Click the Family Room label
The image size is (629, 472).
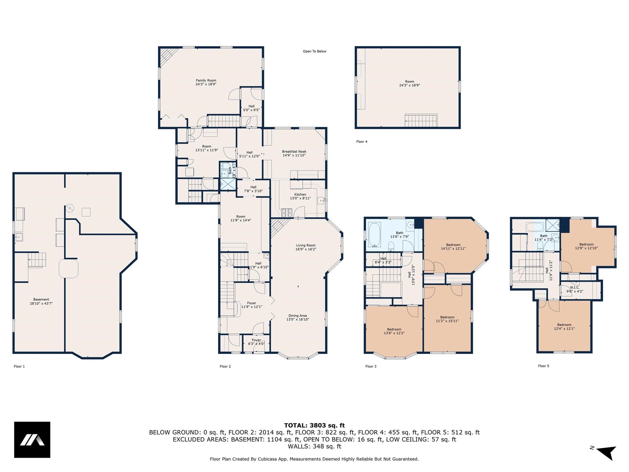(x=206, y=82)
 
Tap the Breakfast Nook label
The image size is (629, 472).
(x=294, y=153)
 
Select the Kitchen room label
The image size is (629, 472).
(x=300, y=196)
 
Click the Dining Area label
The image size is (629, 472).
(x=298, y=317)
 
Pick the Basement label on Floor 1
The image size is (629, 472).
(x=41, y=301)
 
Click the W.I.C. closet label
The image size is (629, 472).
(x=575, y=289)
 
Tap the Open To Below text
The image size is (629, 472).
(x=314, y=51)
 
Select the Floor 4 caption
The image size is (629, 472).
(x=362, y=142)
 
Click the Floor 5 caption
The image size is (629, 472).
(x=544, y=366)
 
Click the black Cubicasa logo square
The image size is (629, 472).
(x=32, y=440)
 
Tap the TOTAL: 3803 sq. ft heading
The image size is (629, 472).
(x=314, y=426)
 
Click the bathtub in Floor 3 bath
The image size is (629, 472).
(x=374, y=235)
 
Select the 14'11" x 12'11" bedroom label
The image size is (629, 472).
(x=453, y=247)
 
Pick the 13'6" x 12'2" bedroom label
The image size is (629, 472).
(x=394, y=331)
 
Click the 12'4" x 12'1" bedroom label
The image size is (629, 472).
(x=564, y=327)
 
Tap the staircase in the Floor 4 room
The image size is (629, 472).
(x=421, y=120)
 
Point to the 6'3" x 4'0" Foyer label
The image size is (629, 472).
(x=256, y=342)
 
